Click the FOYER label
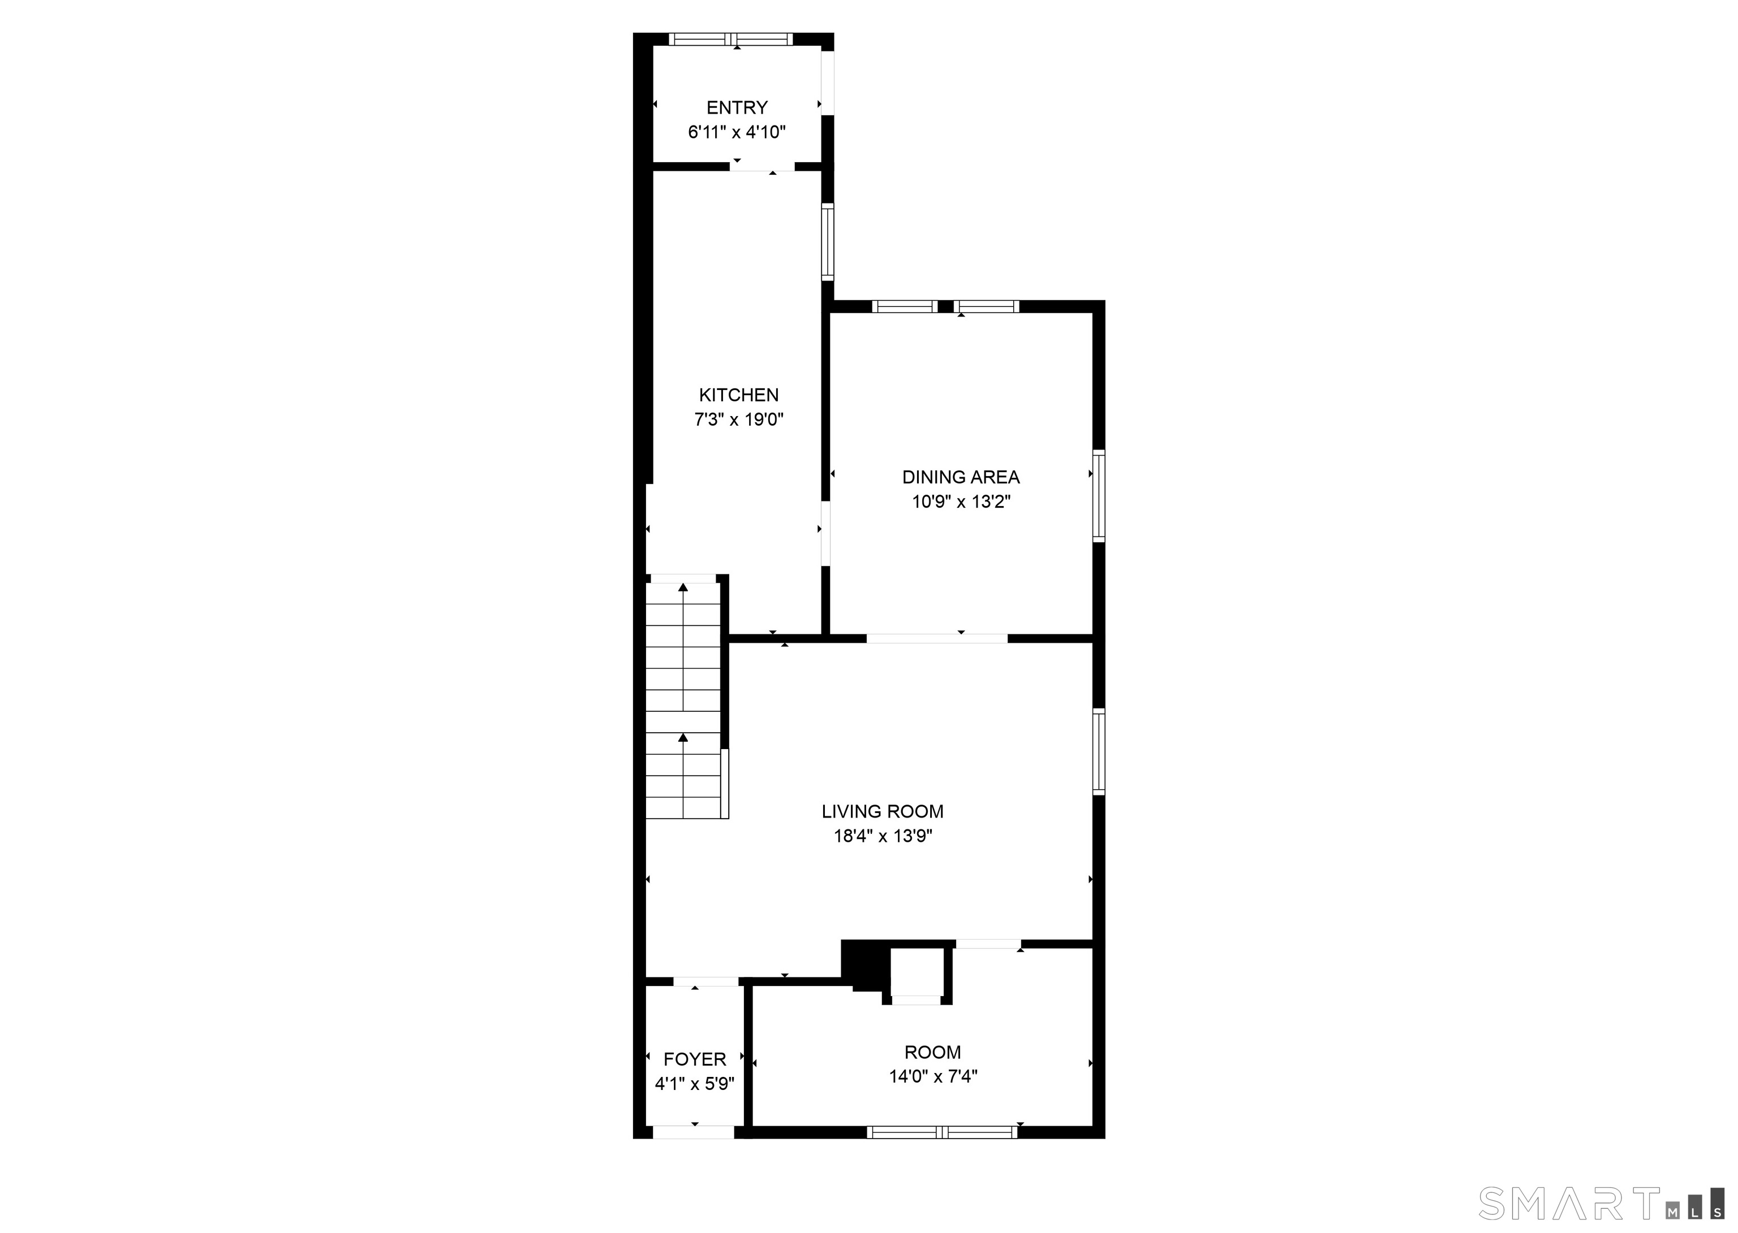694,1059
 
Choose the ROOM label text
933,1052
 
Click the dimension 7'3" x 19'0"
738,419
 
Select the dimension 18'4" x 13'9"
883,836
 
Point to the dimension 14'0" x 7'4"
933,1076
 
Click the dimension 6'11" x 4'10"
737,132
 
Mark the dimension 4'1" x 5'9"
694,1083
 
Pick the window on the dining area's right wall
1098,496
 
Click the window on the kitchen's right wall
828,242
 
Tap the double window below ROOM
942,1132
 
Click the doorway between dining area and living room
937,638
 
